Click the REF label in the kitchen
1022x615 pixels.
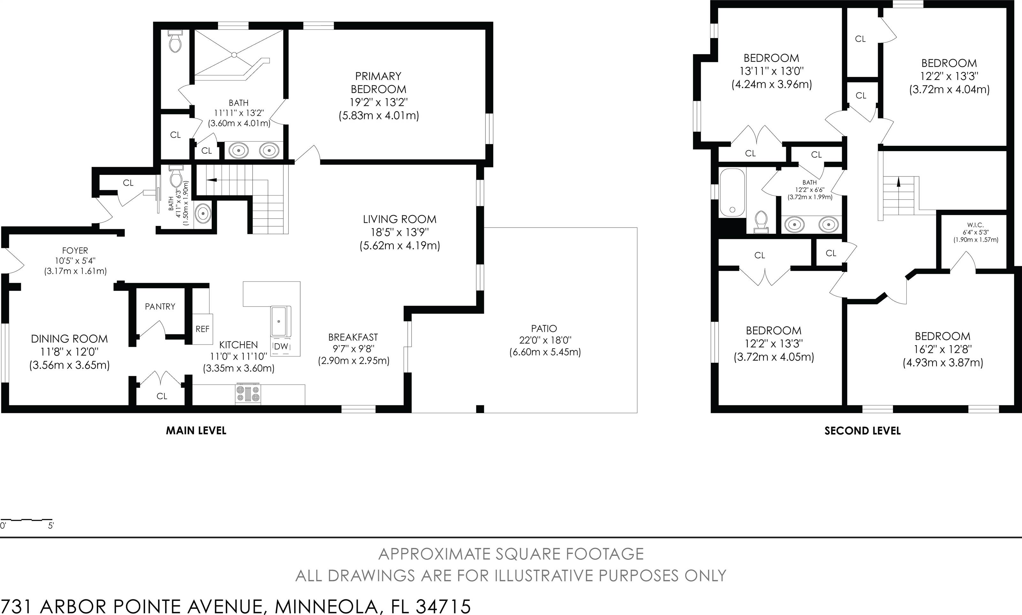[202, 329]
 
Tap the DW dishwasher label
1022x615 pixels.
[281, 346]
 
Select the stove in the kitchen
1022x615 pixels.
[248, 394]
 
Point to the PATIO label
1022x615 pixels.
[544, 329]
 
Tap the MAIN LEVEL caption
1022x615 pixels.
[196, 431]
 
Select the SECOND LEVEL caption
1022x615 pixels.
[862, 431]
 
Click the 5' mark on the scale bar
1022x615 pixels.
[50, 526]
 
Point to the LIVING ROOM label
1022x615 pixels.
[400, 219]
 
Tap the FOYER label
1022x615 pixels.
[75, 251]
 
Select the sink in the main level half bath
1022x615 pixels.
[203, 214]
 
